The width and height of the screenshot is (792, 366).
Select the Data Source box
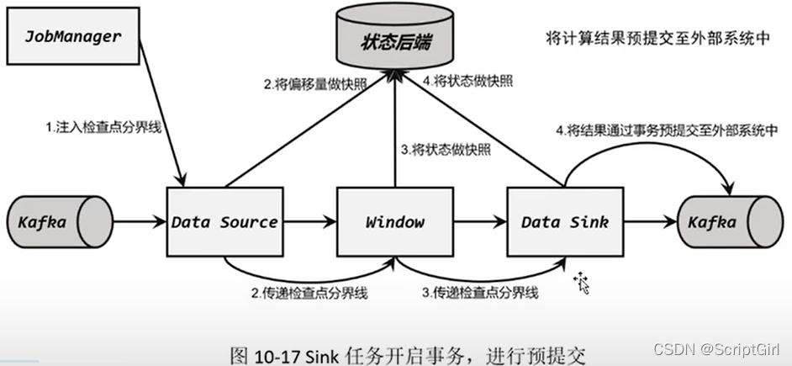click(224, 222)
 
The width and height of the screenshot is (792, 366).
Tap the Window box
click(394, 222)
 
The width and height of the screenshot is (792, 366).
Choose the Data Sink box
click(564, 222)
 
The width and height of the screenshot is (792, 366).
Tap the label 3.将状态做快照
click(446, 150)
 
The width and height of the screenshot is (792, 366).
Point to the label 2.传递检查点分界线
click(309, 294)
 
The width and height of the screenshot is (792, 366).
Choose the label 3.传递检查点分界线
click(480, 294)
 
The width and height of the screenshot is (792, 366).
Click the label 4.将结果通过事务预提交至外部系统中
click(666, 130)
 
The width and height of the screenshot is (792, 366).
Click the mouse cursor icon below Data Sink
click(581, 284)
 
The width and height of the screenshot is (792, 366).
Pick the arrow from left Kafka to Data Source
click(141, 223)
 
